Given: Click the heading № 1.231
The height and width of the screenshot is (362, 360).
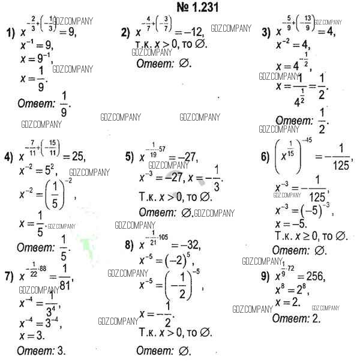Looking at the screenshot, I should point(179,8).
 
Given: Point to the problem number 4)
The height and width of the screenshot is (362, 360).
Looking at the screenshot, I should point(8,158).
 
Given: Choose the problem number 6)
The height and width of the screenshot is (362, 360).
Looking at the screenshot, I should point(265,157).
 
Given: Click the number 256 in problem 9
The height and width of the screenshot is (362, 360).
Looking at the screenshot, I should point(313,277).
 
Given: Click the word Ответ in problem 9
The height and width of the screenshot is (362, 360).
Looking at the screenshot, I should point(290,318).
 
